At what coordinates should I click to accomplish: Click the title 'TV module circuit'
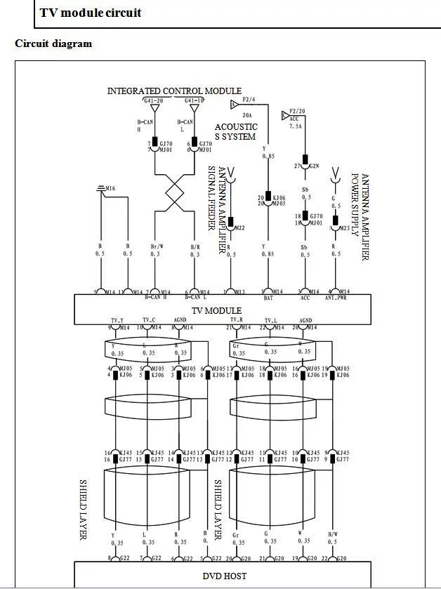coord(90,13)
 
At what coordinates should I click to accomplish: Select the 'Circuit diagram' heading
coord(53,44)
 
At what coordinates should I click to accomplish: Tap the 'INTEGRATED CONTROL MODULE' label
coord(174,91)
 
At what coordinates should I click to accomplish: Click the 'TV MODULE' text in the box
coord(218,310)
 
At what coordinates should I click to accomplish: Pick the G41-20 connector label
coord(154,100)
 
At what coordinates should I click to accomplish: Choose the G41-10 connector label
coord(194,100)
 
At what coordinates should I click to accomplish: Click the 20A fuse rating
coord(247,114)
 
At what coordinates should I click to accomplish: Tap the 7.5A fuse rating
coord(296,127)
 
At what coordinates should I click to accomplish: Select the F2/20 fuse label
coord(297,111)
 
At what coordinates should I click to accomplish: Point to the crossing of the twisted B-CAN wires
coord(174,190)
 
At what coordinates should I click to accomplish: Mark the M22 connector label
coord(239,228)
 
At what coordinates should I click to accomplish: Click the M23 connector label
coord(344,228)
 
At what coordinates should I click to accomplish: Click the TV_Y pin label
coord(117,320)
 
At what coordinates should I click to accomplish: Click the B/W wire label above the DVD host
coord(334,535)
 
